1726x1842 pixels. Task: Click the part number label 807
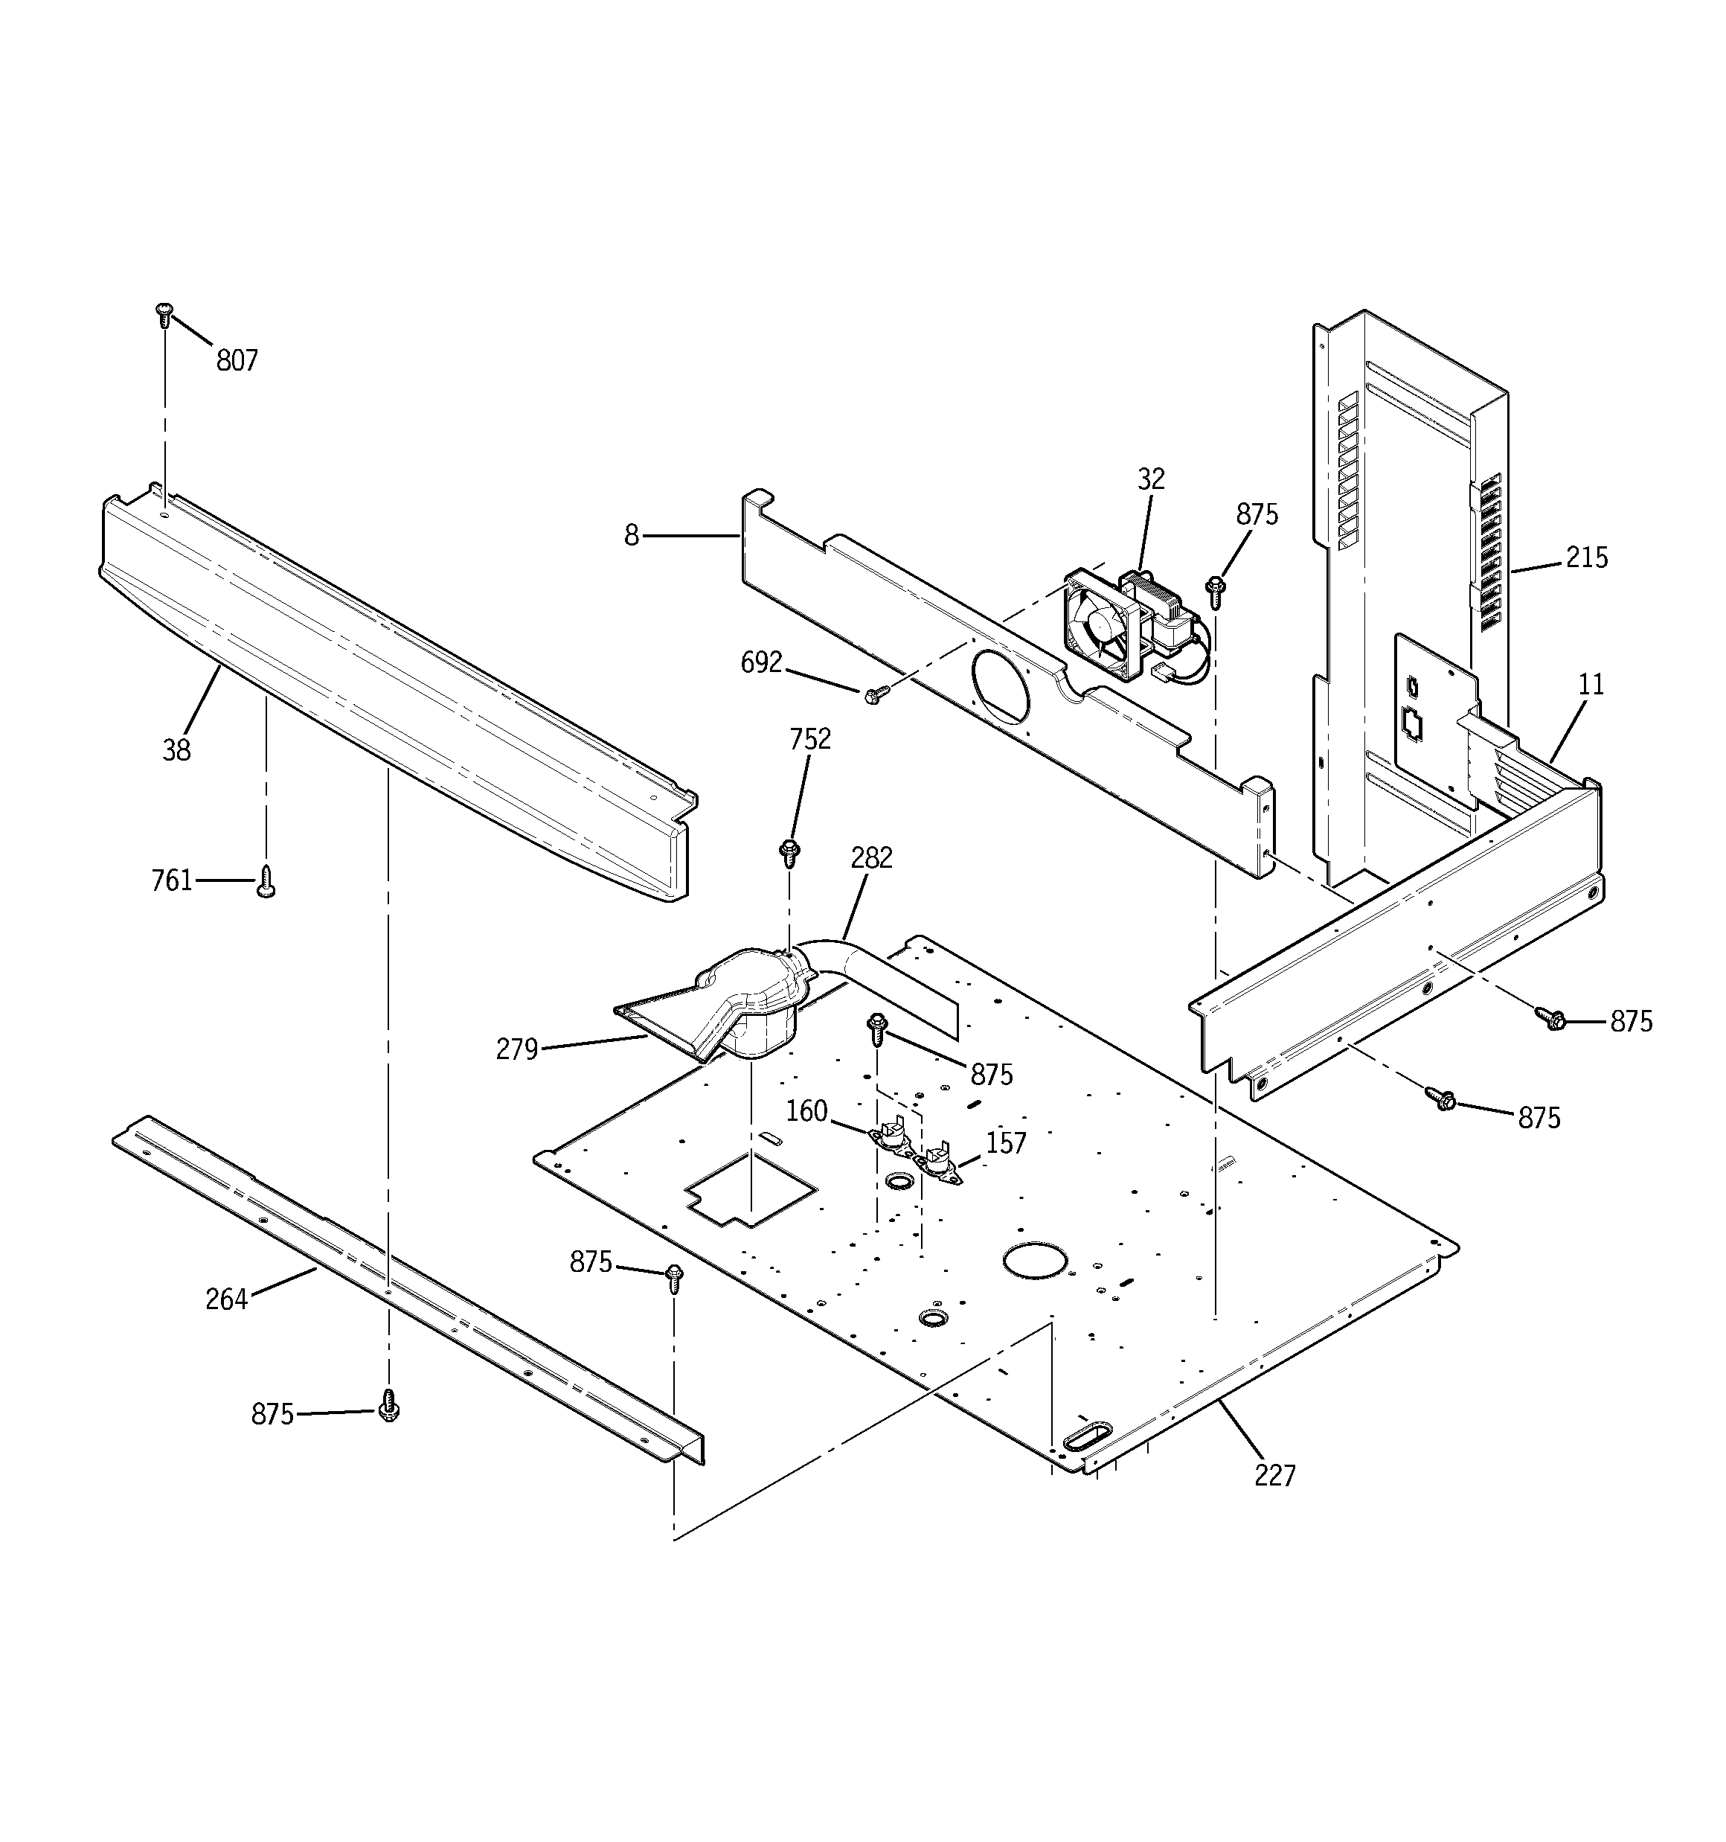[x=237, y=360]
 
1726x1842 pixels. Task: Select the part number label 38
[x=176, y=749]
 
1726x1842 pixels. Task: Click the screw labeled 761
[x=266, y=882]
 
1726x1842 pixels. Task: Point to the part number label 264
[x=226, y=1300]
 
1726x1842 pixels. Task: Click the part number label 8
[x=631, y=536]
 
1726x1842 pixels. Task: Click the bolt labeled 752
[x=790, y=850]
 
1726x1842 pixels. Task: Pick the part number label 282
[x=871, y=858]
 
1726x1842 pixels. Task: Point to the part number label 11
[x=1590, y=685]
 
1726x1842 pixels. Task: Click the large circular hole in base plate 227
[x=1034, y=1262]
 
